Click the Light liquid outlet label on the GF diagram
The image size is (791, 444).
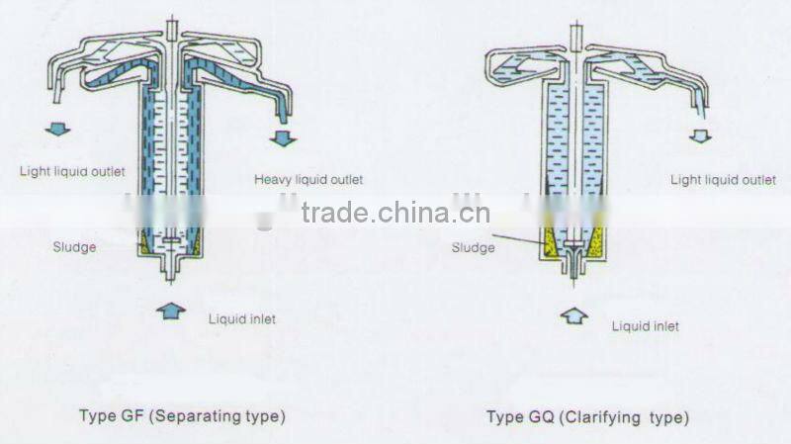click(72, 171)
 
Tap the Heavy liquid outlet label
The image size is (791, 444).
click(308, 179)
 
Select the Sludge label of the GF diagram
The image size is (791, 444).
click(74, 246)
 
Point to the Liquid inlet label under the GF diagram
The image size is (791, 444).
click(241, 318)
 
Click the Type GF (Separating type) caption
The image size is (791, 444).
click(182, 416)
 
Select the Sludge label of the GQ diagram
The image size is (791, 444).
click(473, 247)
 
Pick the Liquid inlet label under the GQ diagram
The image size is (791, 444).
click(645, 325)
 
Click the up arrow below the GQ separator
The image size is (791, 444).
click(574, 317)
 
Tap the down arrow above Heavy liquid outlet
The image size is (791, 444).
click(284, 137)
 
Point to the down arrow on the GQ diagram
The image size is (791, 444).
click(700, 134)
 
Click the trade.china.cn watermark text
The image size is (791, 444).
click(395, 214)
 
